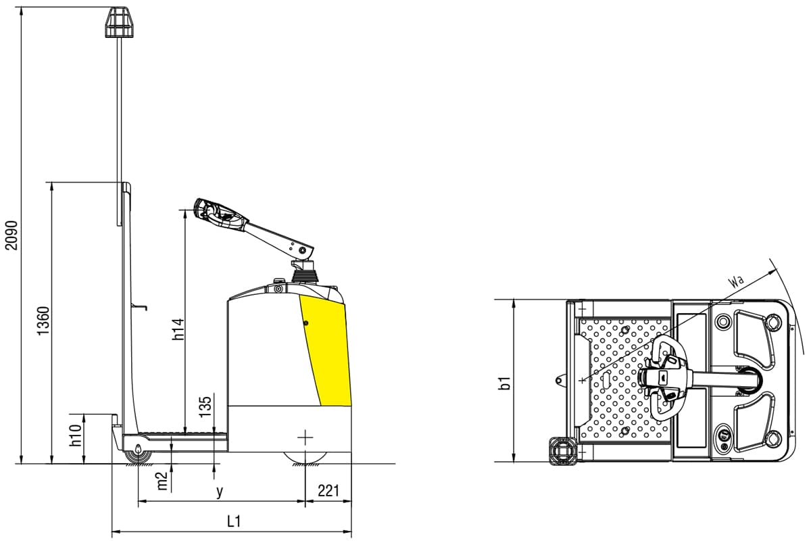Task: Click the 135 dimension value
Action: [206, 405]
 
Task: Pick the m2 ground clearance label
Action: [162, 480]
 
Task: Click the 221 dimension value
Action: [328, 492]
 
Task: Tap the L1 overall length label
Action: [234, 521]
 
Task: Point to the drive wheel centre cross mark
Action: [305, 438]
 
